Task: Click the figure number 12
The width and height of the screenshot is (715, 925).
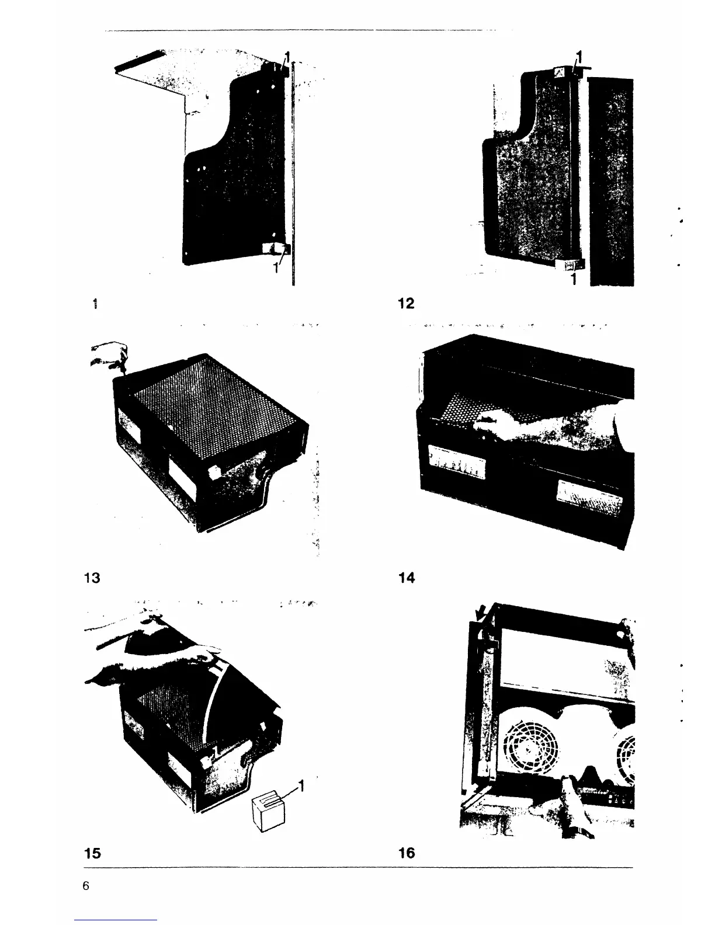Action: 406,304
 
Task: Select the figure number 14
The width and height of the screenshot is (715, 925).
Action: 407,578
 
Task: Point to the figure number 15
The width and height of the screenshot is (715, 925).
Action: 92,853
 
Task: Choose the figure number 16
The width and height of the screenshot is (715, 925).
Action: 407,853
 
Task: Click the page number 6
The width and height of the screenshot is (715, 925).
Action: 86,886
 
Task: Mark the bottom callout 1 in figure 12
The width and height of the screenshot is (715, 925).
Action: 574,279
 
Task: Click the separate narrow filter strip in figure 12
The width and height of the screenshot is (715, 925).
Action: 611,181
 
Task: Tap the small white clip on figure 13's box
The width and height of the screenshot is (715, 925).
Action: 212,472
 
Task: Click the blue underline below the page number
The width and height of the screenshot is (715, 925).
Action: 116,920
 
